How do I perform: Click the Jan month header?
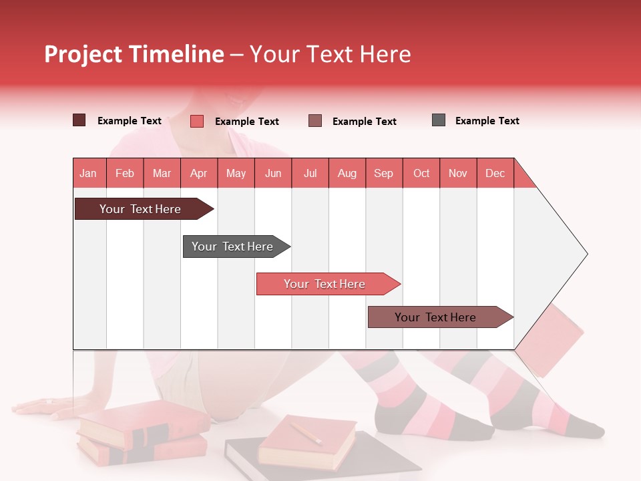point(89,173)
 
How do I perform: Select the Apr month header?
point(199,173)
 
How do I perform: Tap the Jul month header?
point(310,173)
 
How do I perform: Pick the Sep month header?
point(384,173)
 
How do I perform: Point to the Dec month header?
point(495,173)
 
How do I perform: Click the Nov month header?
point(458,173)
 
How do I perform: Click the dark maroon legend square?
point(79,120)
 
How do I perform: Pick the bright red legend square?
point(196,121)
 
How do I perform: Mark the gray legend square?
point(439,120)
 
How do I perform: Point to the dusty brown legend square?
point(315,121)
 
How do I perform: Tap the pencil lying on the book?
point(304,432)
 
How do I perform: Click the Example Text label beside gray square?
point(487,121)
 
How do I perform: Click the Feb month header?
point(125,173)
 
